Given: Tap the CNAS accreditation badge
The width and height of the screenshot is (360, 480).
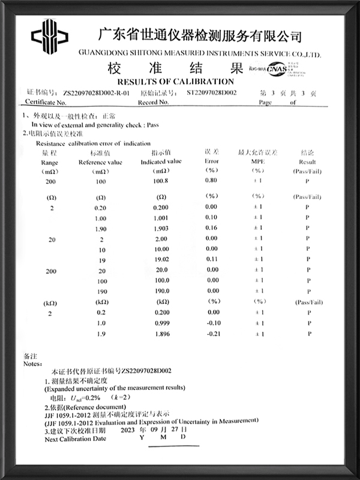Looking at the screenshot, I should [278, 70].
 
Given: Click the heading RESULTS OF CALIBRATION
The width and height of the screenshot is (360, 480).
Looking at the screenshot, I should [175, 81].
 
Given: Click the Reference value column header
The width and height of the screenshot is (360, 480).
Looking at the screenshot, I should [101, 162].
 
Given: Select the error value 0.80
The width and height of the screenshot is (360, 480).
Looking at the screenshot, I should [211, 181].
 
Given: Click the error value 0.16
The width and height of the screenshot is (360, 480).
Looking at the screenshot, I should [211, 229].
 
